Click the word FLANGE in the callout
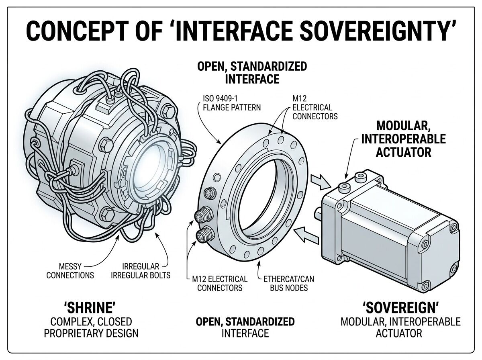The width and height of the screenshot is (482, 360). click(x=219, y=107)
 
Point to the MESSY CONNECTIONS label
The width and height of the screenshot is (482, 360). click(x=70, y=270)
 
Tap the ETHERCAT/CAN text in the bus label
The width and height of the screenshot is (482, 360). click(x=286, y=278)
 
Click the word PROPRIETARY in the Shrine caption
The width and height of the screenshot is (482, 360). click(x=80, y=333)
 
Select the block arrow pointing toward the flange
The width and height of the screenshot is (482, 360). click(x=305, y=235)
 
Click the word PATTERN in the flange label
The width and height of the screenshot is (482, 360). click(x=246, y=107)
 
